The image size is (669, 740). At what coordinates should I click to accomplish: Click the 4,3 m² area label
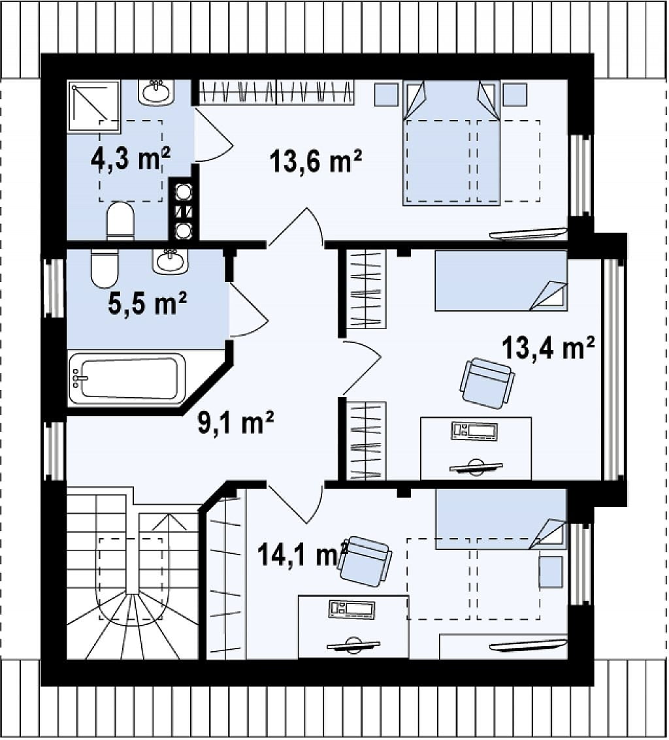130,159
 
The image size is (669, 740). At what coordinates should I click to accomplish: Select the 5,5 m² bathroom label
147,303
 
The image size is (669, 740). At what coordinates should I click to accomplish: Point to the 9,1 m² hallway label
235,423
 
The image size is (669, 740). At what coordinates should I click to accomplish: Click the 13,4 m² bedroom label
547,347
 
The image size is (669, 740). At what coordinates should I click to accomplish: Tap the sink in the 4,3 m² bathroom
156,91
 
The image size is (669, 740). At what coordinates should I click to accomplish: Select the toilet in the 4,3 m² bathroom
121,221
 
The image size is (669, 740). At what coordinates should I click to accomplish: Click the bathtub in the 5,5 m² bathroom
127,379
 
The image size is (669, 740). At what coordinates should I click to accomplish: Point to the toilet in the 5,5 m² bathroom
105,268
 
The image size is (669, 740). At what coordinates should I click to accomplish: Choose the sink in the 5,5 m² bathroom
170,261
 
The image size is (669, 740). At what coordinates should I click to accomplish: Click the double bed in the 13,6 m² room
451,143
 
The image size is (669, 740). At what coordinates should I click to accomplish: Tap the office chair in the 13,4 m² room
487,383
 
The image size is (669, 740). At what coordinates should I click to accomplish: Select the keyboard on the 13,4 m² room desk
474,431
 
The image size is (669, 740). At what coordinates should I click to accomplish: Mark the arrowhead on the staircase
168,520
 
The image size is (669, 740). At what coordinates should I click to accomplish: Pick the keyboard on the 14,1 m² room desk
351,609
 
